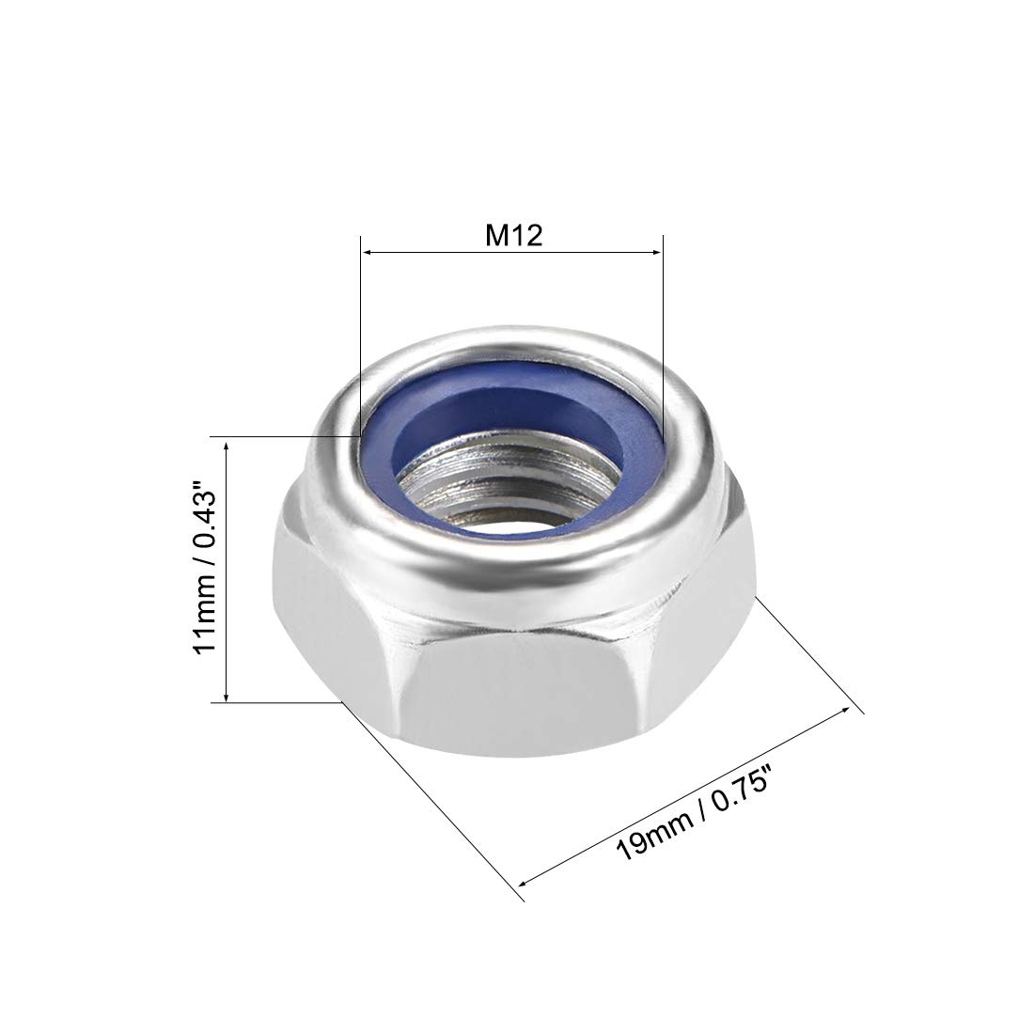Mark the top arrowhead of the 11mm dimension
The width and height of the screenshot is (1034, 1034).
(227, 445)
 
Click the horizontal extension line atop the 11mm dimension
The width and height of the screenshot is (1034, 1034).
(282, 436)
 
